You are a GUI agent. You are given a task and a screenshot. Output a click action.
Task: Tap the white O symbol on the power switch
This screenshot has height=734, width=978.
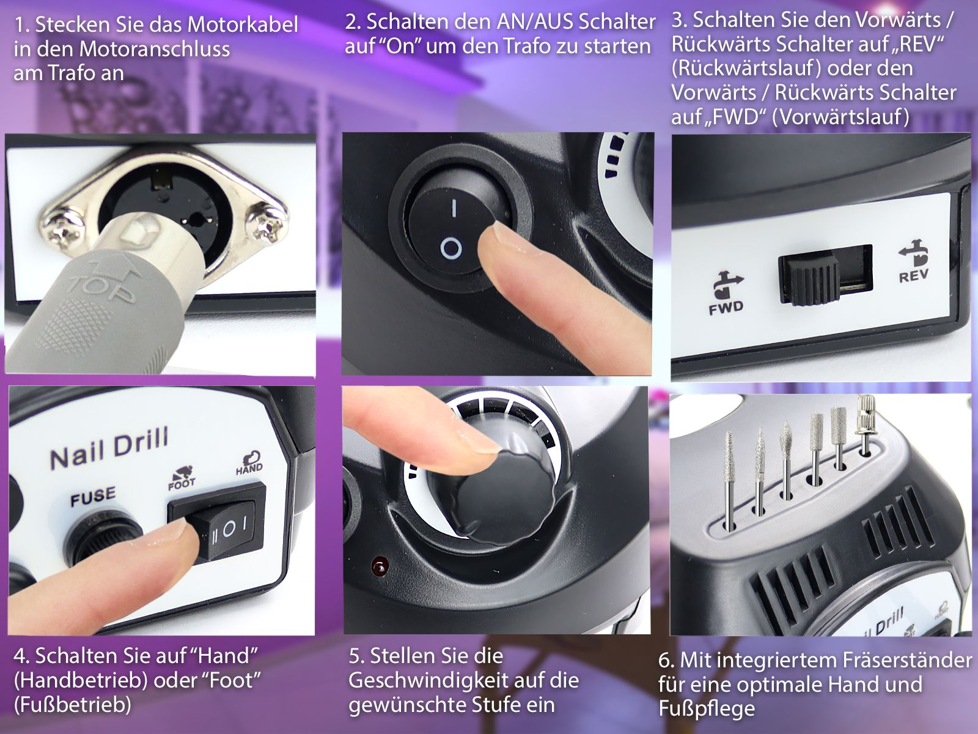450,248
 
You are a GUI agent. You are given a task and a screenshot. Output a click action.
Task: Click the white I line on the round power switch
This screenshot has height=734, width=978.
454,207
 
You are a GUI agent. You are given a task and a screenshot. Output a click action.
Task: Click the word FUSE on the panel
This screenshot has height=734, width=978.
93,496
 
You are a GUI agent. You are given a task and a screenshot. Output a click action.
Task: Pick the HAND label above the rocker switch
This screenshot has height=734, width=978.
249,468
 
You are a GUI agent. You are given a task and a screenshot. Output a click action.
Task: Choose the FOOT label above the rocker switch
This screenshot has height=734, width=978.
182,483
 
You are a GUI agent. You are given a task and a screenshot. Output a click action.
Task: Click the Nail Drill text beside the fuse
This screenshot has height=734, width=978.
109,448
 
